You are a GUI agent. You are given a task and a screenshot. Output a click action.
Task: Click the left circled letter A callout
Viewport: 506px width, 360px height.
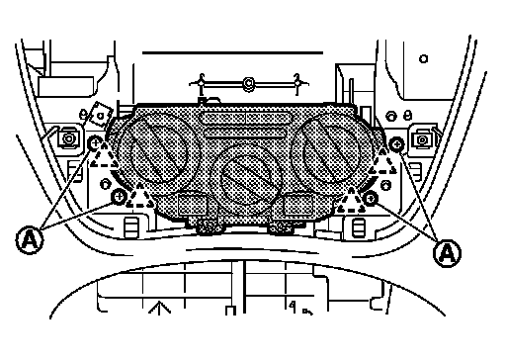30,240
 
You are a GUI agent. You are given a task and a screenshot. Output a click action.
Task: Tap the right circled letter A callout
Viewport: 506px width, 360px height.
447,253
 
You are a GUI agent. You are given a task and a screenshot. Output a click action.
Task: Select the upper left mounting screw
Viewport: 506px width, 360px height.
95,143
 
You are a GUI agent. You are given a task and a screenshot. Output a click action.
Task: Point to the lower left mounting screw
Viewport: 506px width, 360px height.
119,197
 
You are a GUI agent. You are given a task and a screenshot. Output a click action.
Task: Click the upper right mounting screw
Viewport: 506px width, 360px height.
396,143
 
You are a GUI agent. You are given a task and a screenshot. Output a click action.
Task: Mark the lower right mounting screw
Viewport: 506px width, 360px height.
371,198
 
